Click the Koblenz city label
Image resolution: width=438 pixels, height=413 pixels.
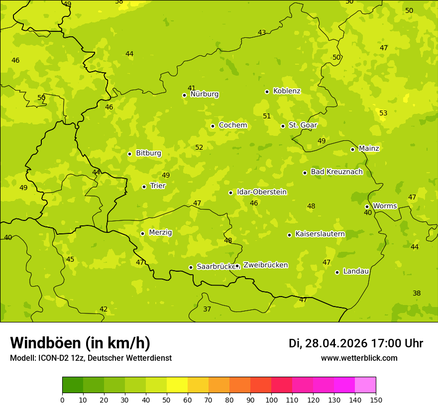tap(287, 91)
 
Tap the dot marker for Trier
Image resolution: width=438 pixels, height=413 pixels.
tap(144, 187)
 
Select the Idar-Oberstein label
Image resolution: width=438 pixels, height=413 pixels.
tap(262, 192)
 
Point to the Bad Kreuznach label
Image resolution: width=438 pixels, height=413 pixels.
tap(336, 172)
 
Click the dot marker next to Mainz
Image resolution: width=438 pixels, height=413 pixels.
tap(352, 149)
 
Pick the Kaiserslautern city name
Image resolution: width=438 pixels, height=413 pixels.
tap(320, 234)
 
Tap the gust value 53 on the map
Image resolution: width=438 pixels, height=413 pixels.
tap(383, 113)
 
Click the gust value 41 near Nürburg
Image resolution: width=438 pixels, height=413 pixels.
tap(192, 88)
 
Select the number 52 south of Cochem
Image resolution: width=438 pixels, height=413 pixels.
tap(199, 147)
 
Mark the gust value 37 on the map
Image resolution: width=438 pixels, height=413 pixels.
tap(207, 309)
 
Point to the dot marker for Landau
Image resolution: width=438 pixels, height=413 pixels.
tap(337, 272)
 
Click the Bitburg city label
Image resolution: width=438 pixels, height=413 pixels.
tap(148, 153)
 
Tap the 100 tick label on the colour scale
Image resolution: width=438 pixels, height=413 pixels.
tap(271, 400)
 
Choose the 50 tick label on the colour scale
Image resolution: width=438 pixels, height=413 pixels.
tap(167, 400)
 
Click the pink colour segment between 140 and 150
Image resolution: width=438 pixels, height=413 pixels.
tap(365, 385)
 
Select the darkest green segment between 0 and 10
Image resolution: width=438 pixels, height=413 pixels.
tap(73, 385)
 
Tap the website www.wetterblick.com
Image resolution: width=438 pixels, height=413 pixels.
tap(359, 358)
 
